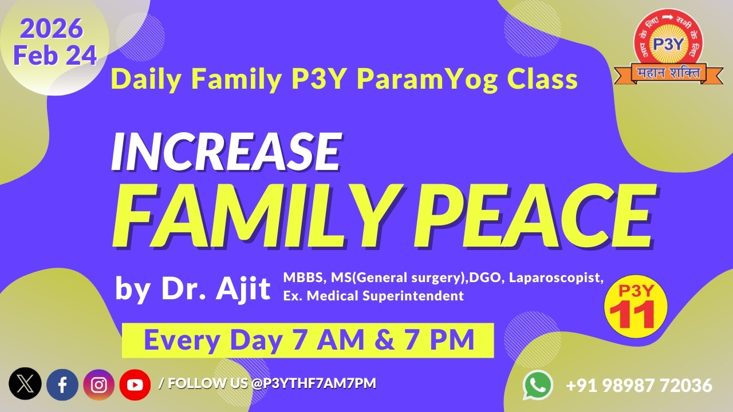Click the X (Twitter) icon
tap(25, 384)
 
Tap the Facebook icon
tap(62, 385)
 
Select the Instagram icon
tap(99, 385)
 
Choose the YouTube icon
tap(135, 385)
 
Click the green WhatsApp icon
tap(538, 385)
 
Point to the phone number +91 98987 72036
tap(639, 386)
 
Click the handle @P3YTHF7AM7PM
tap(314, 383)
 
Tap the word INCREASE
tap(226, 151)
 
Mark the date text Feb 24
tap(55, 56)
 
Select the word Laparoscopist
tap(555, 279)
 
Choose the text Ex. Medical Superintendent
tap(373, 296)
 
